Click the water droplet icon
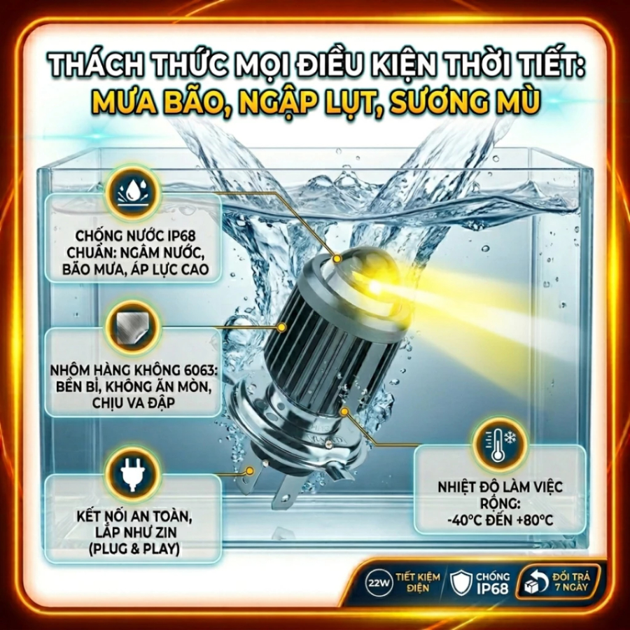pyautogui.click(x=132, y=192)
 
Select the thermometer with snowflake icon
pyautogui.click(x=499, y=444)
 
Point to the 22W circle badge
pyautogui.click(x=379, y=582)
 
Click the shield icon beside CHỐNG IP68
pyautogui.click(x=461, y=582)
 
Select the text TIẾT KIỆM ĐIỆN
pyautogui.click(x=417, y=582)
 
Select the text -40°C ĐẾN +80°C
pyautogui.click(x=500, y=520)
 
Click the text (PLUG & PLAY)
pyautogui.click(x=134, y=549)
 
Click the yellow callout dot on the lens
pyautogui.click(x=337, y=258)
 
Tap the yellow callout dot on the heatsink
pyautogui.click(x=281, y=328)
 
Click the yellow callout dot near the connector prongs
pyautogui.click(x=250, y=470)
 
